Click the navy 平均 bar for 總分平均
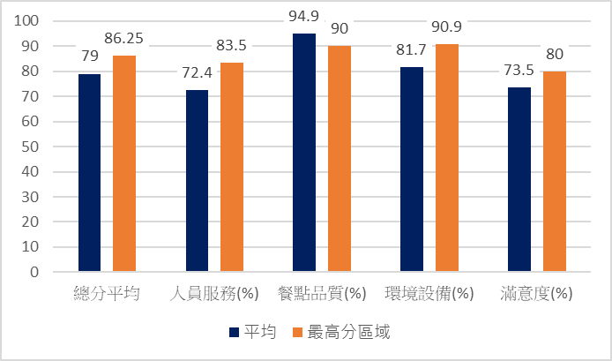point(89,172)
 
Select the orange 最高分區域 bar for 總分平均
point(123,163)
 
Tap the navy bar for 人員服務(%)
point(197,180)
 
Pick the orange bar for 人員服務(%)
point(231,167)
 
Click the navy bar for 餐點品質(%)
point(304,152)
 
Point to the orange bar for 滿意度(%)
point(554,171)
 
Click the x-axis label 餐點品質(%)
point(322,293)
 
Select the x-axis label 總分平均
point(107,293)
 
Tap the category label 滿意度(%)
point(536,293)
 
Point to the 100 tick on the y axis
point(28,20)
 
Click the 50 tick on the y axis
point(32,147)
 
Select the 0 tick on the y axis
point(35,272)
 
